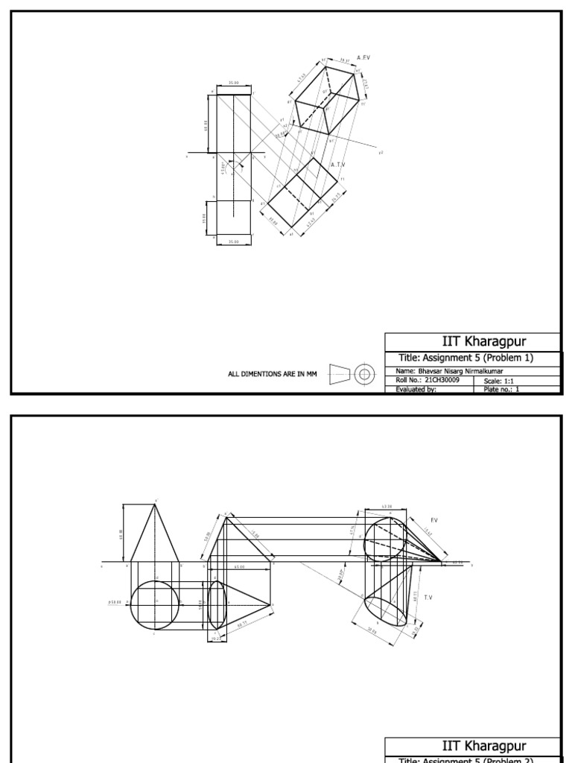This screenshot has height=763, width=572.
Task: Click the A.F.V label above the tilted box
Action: [364, 57]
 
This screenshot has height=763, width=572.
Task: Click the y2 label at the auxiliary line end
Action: [380, 152]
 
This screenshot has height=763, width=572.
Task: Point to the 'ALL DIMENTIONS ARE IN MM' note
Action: [273, 374]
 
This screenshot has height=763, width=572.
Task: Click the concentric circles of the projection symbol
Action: [364, 374]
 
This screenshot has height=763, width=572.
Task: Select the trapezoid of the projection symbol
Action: [340, 374]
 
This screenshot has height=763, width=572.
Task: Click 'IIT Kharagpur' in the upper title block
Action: [472, 342]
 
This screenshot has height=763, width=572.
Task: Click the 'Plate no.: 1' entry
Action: [501, 389]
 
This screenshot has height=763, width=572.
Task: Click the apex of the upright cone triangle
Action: [155, 504]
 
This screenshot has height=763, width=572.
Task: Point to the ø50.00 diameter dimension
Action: [119, 602]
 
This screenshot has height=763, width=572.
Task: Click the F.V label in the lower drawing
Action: [435, 520]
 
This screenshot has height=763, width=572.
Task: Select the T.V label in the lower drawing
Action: [428, 597]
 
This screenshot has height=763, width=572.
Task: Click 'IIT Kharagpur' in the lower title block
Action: [472, 746]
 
